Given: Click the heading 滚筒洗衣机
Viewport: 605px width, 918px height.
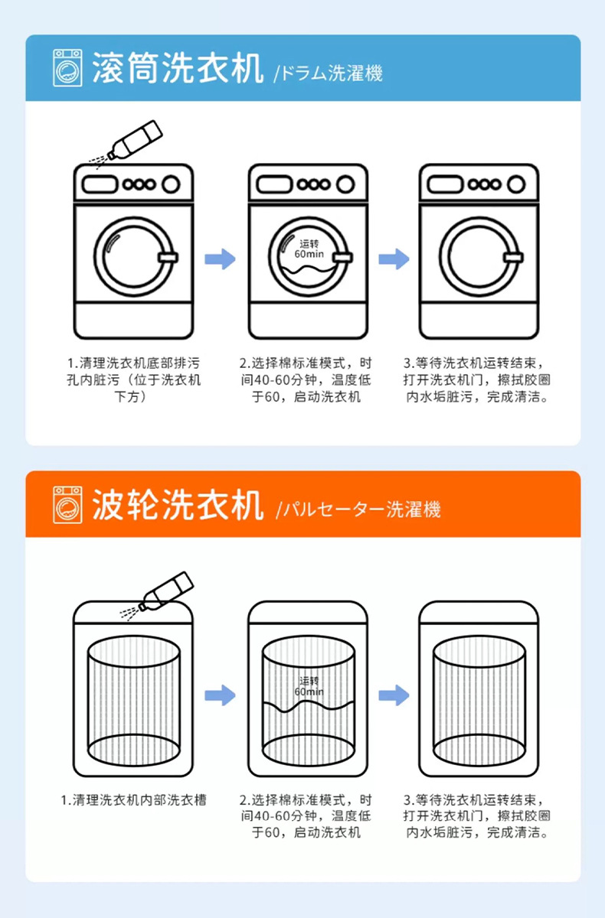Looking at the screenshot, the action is coord(178,70).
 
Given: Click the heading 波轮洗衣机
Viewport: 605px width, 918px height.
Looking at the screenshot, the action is coord(178,506).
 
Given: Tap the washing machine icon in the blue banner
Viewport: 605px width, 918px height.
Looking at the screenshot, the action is coord(67,68).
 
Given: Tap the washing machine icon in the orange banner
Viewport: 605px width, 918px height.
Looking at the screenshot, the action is coord(67,504).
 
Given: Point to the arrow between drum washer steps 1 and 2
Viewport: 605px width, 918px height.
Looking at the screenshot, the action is coord(220,258).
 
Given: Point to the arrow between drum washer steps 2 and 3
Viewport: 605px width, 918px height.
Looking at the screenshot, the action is coord(394,258).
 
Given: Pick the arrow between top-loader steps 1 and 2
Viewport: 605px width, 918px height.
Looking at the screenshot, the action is coord(220,695).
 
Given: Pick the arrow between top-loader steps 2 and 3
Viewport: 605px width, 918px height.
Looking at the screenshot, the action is coord(394,695).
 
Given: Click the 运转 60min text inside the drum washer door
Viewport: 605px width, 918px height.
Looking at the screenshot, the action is coord(310,248).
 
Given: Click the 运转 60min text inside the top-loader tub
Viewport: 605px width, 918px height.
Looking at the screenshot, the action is coord(309,686).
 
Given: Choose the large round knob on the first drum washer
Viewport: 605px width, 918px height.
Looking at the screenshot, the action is coord(170,184).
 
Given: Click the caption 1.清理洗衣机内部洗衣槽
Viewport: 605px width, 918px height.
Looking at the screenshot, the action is coord(134,799).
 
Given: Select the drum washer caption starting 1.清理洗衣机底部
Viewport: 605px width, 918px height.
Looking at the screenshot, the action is coord(134,379).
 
